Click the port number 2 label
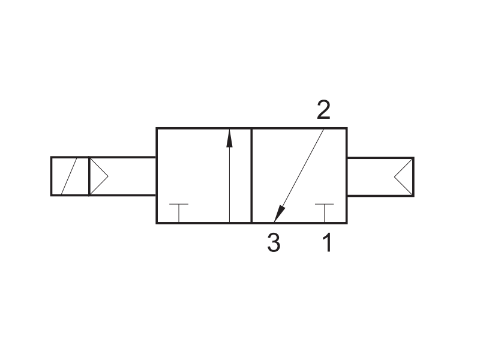pyautogui.click(x=323, y=110)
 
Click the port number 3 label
pyautogui.click(x=274, y=242)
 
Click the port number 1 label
pyautogui.click(x=327, y=242)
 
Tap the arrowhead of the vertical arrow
pyautogui.click(x=229, y=138)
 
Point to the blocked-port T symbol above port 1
pyautogui.click(x=325, y=213)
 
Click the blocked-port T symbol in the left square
pyautogui.click(x=179, y=213)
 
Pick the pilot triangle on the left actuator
pyautogui.click(x=98, y=176)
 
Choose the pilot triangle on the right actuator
pyautogui.click(x=403, y=177)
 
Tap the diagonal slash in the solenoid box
pyautogui.click(x=69, y=176)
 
